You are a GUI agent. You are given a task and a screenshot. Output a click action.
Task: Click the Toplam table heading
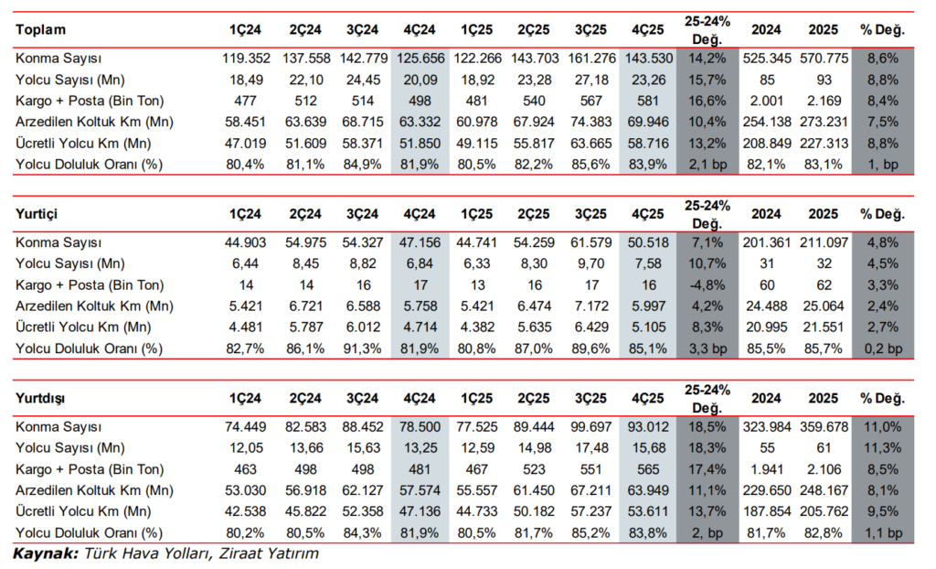click(40, 30)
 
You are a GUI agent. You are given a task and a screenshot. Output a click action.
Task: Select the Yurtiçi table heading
click(37, 214)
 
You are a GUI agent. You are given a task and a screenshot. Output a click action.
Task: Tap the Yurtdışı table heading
click(40, 398)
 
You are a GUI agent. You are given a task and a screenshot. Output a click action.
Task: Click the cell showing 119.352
click(246, 59)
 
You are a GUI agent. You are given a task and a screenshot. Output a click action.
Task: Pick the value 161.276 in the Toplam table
click(591, 59)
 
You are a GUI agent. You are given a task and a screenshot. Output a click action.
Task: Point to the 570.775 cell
click(824, 59)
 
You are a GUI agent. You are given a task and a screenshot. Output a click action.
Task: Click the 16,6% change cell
click(707, 101)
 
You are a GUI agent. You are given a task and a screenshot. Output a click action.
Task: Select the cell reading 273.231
click(824, 122)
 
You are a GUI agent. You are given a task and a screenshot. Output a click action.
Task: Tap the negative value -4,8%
click(707, 285)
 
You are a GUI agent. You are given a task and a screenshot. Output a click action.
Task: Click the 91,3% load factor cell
click(362, 349)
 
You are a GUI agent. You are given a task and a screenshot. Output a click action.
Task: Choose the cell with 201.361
click(767, 242)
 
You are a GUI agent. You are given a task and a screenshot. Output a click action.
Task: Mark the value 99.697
click(591, 426)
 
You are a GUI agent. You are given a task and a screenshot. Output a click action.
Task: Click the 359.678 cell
click(824, 426)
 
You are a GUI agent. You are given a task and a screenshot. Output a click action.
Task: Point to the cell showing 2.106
click(824, 470)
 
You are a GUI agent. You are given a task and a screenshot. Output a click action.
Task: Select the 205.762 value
click(824, 511)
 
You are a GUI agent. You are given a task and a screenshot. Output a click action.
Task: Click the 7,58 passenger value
click(648, 263)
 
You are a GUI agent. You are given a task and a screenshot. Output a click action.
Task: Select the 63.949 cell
click(648, 490)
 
